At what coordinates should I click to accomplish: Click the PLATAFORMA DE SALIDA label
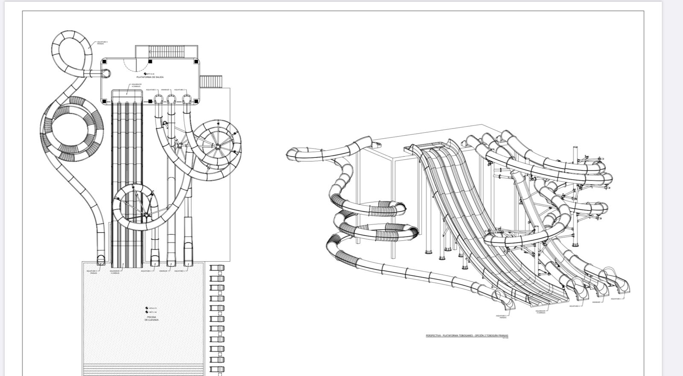(147, 77)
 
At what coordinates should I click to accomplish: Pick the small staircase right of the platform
(211, 81)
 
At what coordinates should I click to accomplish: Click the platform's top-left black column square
(104, 62)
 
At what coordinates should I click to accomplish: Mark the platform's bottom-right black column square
(196, 101)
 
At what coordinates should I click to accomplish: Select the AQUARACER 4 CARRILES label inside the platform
(130, 86)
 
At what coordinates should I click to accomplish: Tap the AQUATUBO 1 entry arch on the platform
(159, 99)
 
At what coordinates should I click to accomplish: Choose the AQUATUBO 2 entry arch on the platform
(187, 99)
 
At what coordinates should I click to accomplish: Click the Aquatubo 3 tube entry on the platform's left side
(106, 74)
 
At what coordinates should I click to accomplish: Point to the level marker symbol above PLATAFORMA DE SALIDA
(145, 74)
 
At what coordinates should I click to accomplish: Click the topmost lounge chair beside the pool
(217, 268)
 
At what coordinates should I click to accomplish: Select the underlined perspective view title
(467, 335)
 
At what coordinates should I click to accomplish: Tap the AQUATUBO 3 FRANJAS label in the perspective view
(502, 317)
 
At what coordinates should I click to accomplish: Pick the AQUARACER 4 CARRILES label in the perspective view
(542, 312)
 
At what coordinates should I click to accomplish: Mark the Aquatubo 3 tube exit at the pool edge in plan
(101, 259)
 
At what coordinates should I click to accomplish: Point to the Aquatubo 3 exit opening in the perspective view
(508, 304)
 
